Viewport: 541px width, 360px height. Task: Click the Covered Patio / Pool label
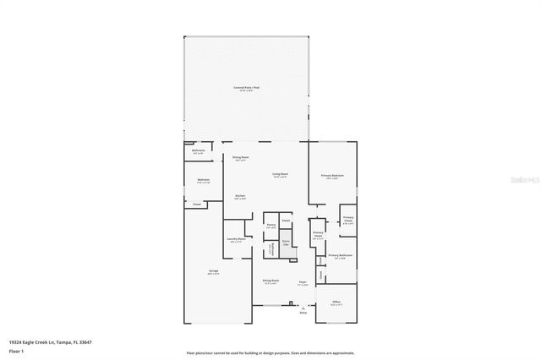coord(247,87)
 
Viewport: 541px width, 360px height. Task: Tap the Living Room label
coord(280,175)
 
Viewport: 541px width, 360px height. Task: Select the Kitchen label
coord(240,197)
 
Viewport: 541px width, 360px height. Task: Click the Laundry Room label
coord(236,239)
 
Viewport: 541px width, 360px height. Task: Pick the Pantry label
coord(271,225)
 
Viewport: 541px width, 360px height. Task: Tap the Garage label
coord(214,271)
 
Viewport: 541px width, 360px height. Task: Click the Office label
coord(336,302)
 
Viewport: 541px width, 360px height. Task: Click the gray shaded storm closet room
coord(287,248)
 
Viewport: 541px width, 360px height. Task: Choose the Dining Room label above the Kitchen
coord(240,157)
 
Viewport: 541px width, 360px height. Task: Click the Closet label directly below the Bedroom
coord(197,205)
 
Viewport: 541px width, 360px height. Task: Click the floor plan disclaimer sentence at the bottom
coord(270,353)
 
